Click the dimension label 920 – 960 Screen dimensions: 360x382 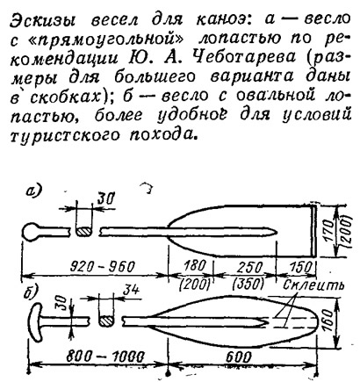coord(102,266)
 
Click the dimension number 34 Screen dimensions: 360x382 coord(130,290)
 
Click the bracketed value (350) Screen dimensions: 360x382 coord(248,283)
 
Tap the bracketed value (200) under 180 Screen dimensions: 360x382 coord(195,284)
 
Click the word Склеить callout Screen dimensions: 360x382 coord(313,285)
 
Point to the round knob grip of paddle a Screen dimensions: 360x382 coord(30,232)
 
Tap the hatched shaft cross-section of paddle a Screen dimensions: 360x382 coord(83,232)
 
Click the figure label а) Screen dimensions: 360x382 coord(34,191)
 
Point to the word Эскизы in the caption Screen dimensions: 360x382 coord(43,20)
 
